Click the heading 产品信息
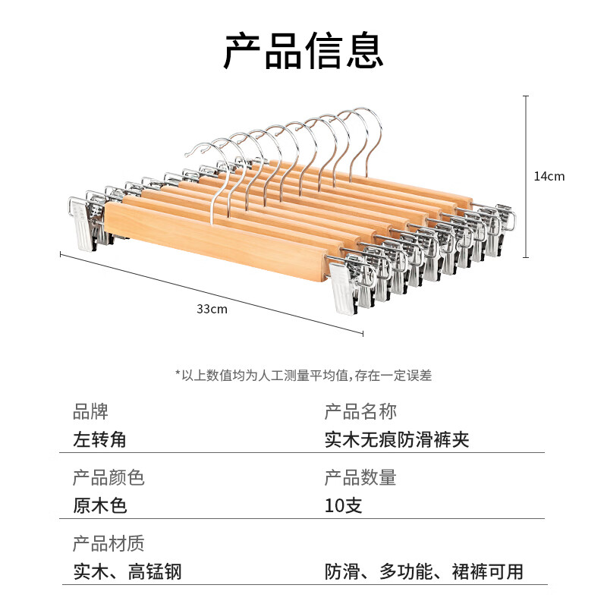coord(303,51)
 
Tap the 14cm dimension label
coord(549,176)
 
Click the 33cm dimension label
coord(212,309)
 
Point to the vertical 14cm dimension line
coord(526,177)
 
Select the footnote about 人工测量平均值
coord(303,375)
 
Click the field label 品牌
coord(90,411)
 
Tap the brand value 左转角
coord(99,439)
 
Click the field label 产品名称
coord(360,411)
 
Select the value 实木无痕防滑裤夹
coord(397,439)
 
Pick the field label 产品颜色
coord(109,478)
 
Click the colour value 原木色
coord(100,505)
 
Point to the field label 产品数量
coord(360,478)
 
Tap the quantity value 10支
coord(343,505)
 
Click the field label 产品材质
coord(109,543)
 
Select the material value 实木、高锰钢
coord(127,572)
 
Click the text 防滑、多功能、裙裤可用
coord(424,572)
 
